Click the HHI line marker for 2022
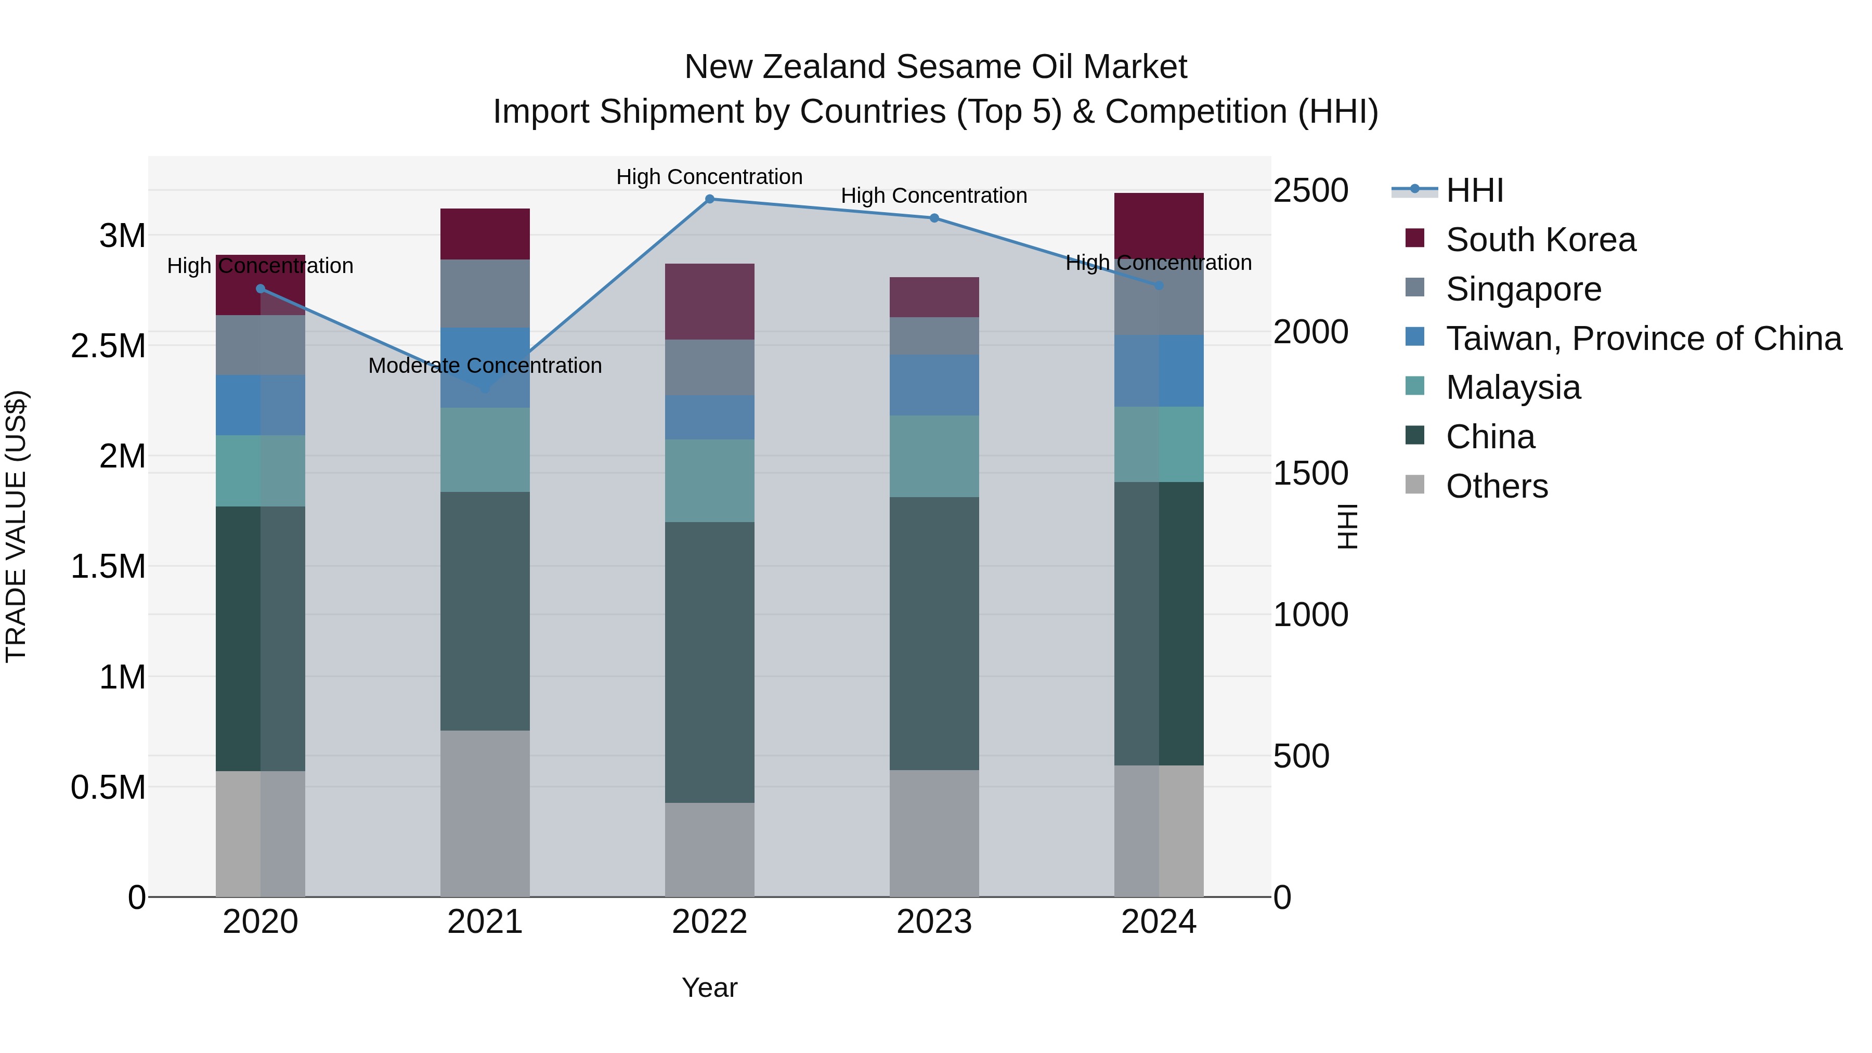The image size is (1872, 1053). (709, 199)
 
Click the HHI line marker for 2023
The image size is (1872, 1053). (934, 218)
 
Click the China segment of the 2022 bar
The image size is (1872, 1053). (709, 661)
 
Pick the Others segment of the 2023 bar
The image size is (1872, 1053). (934, 833)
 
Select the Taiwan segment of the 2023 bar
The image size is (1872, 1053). (934, 385)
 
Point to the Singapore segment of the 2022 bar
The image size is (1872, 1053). (709, 367)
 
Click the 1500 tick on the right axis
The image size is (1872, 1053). (1310, 474)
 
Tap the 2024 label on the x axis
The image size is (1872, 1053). (1159, 922)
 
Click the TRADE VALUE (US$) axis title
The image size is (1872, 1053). (17, 526)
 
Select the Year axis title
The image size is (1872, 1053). (709, 987)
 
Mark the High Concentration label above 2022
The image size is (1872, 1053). (709, 177)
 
